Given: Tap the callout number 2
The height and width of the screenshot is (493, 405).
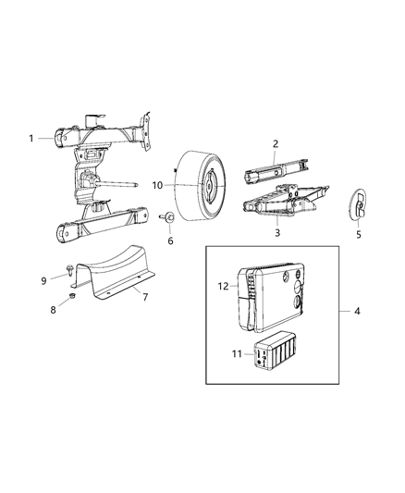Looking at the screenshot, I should click(x=275, y=143).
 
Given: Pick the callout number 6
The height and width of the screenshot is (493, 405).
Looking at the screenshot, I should click(x=169, y=240).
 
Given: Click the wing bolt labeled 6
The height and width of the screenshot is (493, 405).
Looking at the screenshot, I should click(x=169, y=219).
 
